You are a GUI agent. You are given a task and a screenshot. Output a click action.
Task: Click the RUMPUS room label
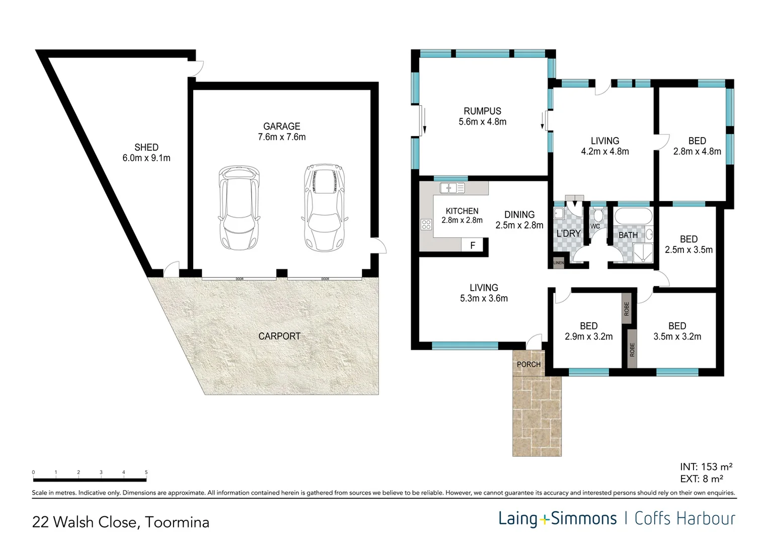point(482,111)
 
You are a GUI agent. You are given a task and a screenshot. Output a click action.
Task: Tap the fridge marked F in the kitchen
point(473,245)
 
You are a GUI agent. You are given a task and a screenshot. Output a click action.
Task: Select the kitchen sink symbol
point(452,188)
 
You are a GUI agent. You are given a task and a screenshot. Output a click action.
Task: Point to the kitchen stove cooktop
point(426,225)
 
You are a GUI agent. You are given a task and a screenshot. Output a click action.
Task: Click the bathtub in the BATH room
point(633,216)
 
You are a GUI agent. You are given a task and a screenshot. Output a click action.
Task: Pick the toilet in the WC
point(598,215)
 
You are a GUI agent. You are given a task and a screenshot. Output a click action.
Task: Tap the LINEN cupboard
point(559,262)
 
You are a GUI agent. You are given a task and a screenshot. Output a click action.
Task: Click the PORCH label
point(528,364)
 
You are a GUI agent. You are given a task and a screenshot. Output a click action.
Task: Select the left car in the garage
point(239,208)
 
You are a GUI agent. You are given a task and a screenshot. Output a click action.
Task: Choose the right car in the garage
point(325,207)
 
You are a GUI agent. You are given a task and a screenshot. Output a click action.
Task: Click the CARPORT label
point(279,336)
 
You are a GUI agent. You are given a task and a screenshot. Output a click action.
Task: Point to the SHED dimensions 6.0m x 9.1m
point(146,158)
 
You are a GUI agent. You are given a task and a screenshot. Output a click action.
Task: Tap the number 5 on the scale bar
point(146,472)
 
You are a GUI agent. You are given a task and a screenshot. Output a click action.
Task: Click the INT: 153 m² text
point(707,466)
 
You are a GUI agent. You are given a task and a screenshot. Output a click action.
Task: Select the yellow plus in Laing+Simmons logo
point(544,520)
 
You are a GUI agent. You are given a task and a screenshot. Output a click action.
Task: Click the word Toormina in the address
point(177,522)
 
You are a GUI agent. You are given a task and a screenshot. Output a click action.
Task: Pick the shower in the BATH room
point(643,253)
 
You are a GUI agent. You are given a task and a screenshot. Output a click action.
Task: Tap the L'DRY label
point(568,233)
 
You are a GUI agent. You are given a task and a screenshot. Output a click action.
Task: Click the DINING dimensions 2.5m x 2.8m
point(519,226)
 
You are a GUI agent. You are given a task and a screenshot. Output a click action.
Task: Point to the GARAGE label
point(281,126)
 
